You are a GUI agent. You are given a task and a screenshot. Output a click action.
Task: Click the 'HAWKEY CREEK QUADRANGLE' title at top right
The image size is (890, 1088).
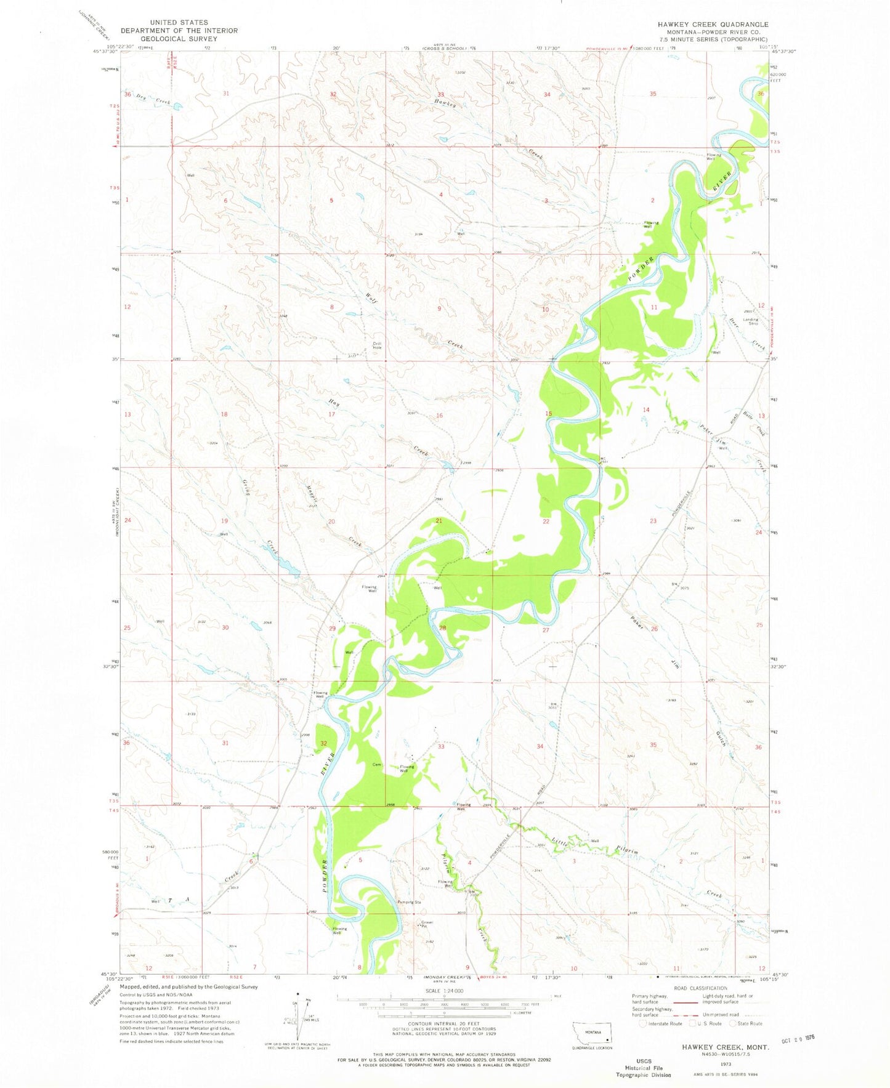click(x=713, y=25)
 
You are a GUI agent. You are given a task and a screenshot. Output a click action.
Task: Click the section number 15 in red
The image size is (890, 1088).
click(x=548, y=414)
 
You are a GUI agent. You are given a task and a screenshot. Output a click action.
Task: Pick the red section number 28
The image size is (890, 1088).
click(x=442, y=627)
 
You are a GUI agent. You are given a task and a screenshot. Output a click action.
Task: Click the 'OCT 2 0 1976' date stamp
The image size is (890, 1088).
click(x=795, y=1038)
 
